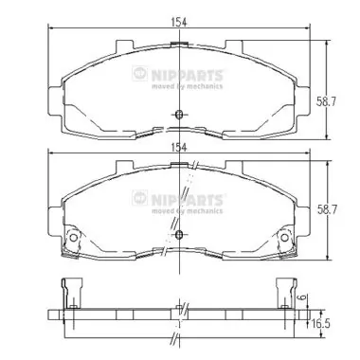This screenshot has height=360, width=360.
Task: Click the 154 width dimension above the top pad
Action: pos(179,23)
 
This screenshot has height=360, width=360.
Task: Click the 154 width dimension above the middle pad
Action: pos(179,147)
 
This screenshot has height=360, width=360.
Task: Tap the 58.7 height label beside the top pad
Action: pos(326,102)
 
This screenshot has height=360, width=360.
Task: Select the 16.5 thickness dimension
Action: pos(321,324)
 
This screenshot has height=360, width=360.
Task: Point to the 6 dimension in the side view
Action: pos(302,297)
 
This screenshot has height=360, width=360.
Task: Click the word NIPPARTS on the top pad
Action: pos(188,76)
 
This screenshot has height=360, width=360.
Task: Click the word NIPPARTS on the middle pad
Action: pos(188,200)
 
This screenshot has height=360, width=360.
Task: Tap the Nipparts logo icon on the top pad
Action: pos(140,74)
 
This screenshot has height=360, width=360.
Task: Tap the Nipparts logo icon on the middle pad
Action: pos(140,198)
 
